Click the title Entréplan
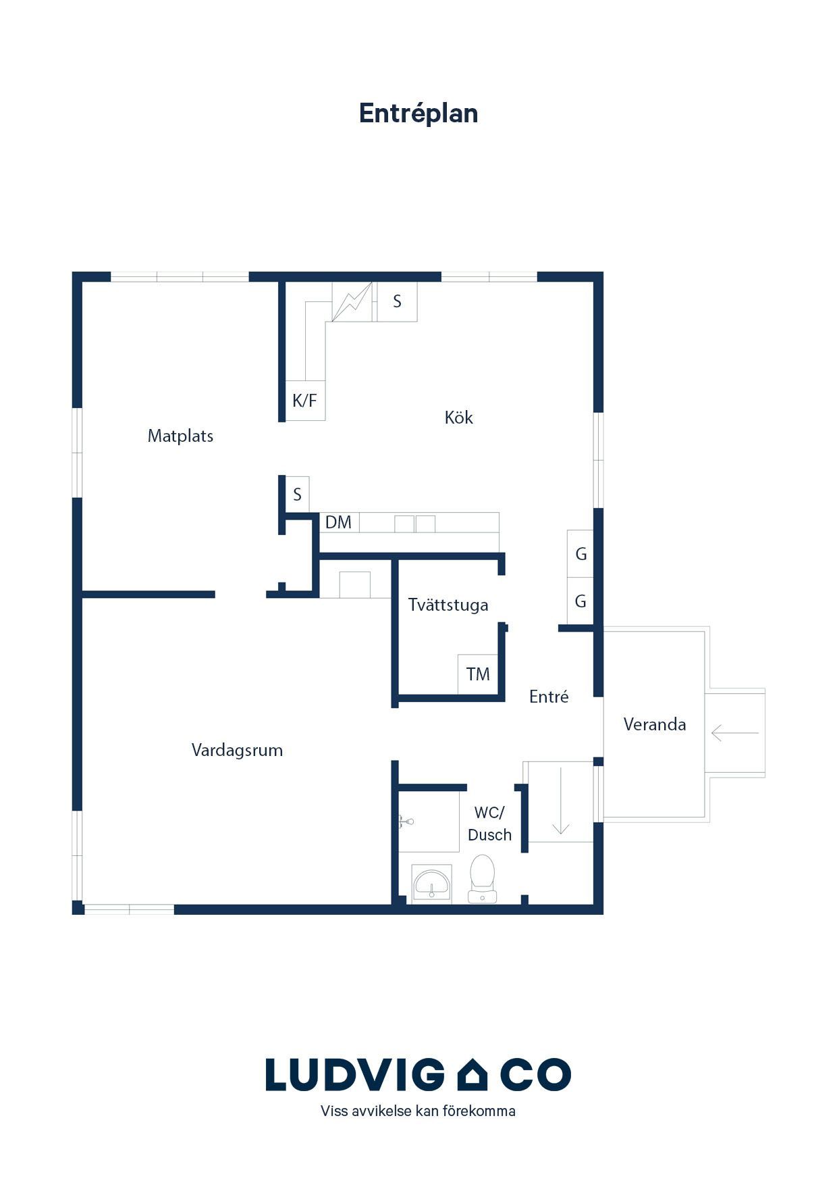pyautogui.click(x=418, y=114)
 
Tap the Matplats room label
pyautogui.click(x=180, y=436)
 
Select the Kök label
pyautogui.click(x=459, y=418)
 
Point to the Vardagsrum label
pyautogui.click(x=237, y=750)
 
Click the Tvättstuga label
pyautogui.click(x=448, y=605)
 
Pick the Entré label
pyautogui.click(x=549, y=697)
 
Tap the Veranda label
pyautogui.click(x=655, y=724)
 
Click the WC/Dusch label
pyautogui.click(x=489, y=824)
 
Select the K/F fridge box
pyautogui.click(x=305, y=401)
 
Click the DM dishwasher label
pyautogui.click(x=338, y=522)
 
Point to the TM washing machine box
pyautogui.click(x=478, y=674)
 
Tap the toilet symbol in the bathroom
pyautogui.click(x=483, y=879)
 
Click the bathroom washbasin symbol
pyautogui.click(x=431, y=883)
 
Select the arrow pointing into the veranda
pyautogui.click(x=735, y=732)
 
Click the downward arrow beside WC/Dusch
pyautogui.click(x=561, y=801)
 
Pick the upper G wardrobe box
pyautogui.click(x=580, y=554)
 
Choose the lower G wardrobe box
pyautogui.click(x=580, y=601)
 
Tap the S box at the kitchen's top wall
pyautogui.click(x=397, y=301)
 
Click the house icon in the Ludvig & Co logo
pyautogui.click(x=473, y=1075)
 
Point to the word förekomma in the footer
pyautogui.click(x=479, y=1111)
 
